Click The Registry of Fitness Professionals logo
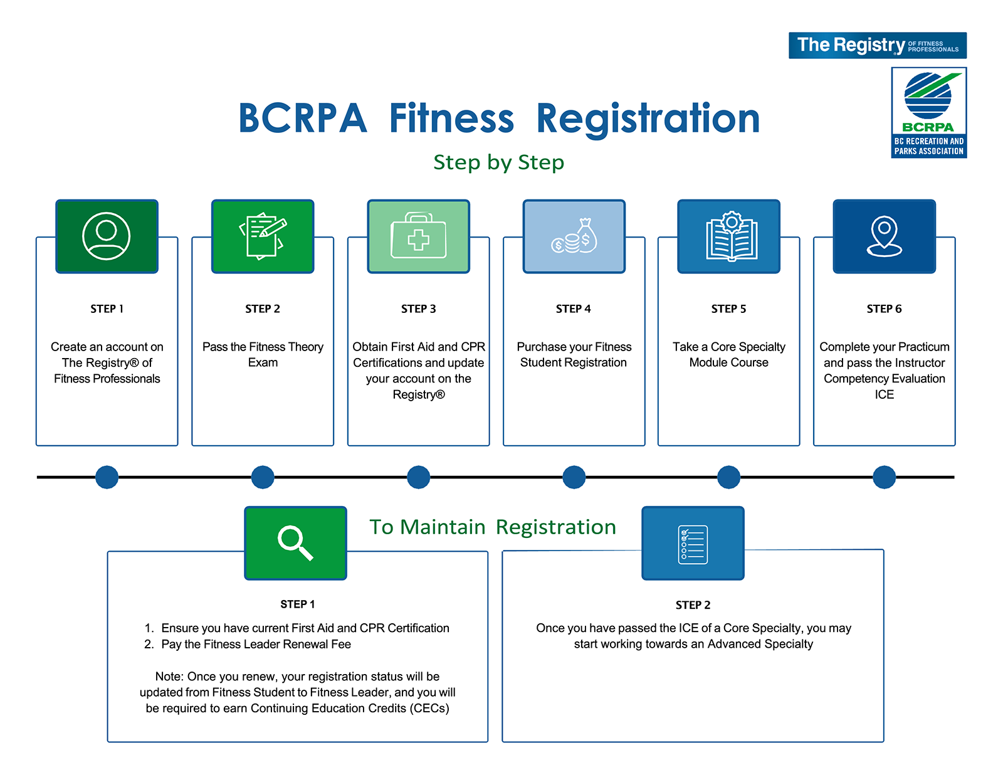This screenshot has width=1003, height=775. pos(877,45)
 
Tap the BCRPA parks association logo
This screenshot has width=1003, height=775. pos(928,113)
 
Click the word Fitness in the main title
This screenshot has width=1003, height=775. pos(451,118)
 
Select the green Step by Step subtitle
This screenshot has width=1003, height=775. pos(498,162)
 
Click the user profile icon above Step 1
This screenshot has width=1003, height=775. pos(106,236)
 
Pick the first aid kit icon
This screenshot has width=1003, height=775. pos(418,236)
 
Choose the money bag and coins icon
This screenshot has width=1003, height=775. pos(574,236)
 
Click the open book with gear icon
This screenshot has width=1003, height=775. pos(732,236)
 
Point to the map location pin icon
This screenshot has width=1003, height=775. pos(884,236)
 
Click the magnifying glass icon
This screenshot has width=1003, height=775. pos(295,543)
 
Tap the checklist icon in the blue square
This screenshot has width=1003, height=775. pos(692,544)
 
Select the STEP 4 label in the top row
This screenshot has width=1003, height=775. pos(573,308)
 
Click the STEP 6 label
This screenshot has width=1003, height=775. pos(884,308)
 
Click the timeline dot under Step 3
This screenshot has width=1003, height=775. pos(418,477)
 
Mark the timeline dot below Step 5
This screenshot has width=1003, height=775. pos(728,477)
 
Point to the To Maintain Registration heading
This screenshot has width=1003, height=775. pos(493,527)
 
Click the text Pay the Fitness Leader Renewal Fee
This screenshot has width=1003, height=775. pos(256,644)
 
